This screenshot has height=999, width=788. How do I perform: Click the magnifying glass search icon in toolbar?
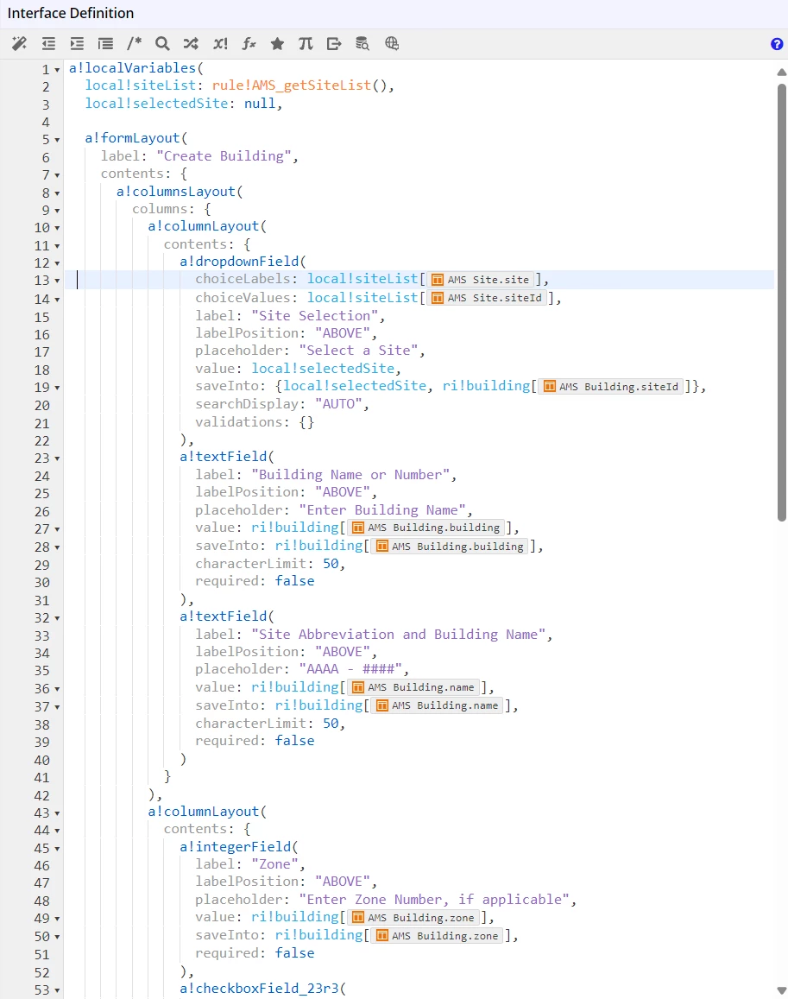tap(162, 43)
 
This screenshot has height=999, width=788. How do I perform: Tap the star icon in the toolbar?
tap(277, 43)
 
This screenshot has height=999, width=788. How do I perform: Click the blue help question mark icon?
tap(777, 44)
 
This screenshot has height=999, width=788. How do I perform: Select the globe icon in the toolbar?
tap(392, 43)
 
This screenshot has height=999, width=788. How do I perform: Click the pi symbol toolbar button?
tap(306, 43)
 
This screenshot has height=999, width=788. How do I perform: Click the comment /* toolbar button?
tap(134, 43)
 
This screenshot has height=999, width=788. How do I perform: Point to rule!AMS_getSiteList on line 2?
tap(292, 85)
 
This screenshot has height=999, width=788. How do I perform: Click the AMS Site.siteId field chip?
tap(487, 298)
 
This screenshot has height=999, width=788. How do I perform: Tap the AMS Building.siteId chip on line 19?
tap(611, 386)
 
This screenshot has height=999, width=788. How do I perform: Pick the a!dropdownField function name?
tap(239, 262)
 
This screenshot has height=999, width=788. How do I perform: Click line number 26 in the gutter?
tap(42, 511)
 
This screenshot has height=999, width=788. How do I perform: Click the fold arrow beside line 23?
tap(57, 458)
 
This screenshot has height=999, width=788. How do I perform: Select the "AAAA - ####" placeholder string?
tap(351, 669)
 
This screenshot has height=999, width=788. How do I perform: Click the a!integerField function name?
tap(235, 847)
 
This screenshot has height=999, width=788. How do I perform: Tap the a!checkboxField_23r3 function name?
tap(259, 988)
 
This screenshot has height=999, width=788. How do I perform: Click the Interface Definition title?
tap(71, 13)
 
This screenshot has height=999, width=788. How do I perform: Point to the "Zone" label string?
tap(275, 864)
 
